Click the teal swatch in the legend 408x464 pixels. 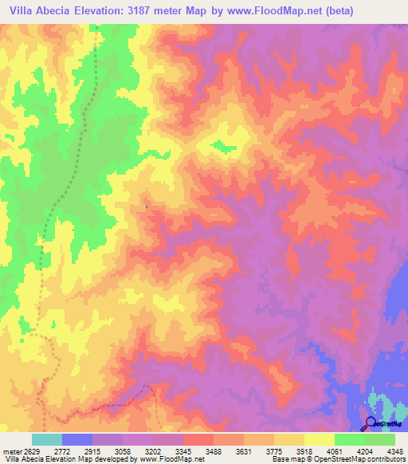(x=46, y=440)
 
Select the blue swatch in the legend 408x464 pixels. (x=76, y=440)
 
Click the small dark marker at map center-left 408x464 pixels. (x=146, y=208)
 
